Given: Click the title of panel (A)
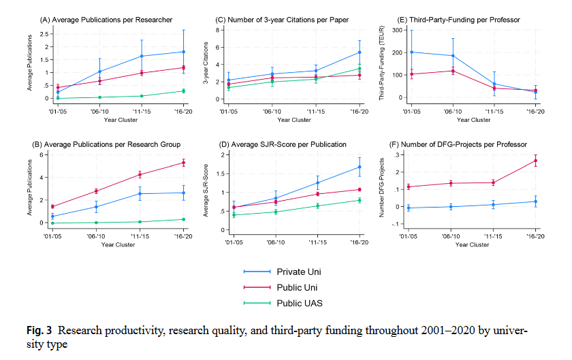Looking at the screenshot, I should pos(107,20).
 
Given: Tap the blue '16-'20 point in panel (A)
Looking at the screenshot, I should pos(183,52).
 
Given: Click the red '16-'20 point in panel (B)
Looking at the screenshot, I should pos(183,163).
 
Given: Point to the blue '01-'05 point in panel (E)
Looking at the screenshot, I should pos(411,52).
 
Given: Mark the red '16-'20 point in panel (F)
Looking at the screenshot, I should pos(536,161).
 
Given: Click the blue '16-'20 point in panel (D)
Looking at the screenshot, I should pos(360,167).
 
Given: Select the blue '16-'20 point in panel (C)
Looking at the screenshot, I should pos(360,52).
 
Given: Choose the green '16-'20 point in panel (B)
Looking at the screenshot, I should pos(183,219).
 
